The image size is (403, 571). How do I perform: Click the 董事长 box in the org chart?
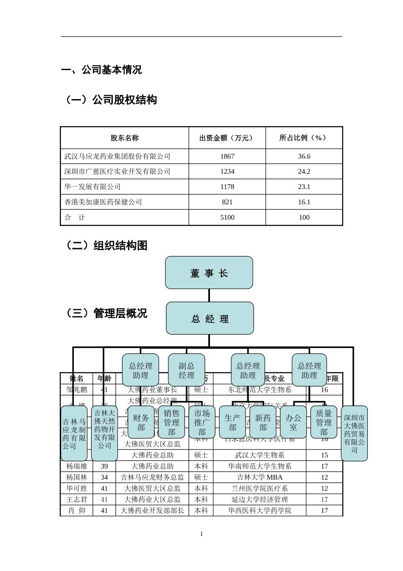(209, 273)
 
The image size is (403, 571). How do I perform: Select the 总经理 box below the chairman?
(210, 318)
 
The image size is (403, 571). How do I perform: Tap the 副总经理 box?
(186, 370)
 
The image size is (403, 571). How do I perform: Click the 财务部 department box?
(141, 422)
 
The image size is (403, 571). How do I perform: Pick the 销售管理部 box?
(171, 422)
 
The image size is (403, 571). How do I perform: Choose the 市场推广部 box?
(202, 422)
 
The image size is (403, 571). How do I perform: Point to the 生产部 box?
(232, 422)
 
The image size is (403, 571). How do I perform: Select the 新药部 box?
(263, 422)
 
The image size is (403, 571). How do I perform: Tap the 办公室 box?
(293, 422)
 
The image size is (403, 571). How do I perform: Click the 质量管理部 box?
(324, 422)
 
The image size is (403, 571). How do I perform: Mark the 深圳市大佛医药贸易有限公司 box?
(354, 433)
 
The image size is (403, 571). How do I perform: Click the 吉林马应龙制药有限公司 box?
(74, 433)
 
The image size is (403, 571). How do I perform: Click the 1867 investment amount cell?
(227, 156)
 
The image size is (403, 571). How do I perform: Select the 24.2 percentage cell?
(304, 172)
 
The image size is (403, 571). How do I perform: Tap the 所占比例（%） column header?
(304, 138)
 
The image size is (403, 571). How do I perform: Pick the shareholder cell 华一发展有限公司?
(92, 187)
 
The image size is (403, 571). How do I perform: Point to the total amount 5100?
(227, 218)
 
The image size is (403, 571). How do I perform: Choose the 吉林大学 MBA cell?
(260, 478)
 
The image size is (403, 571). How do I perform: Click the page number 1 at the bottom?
(201, 534)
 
